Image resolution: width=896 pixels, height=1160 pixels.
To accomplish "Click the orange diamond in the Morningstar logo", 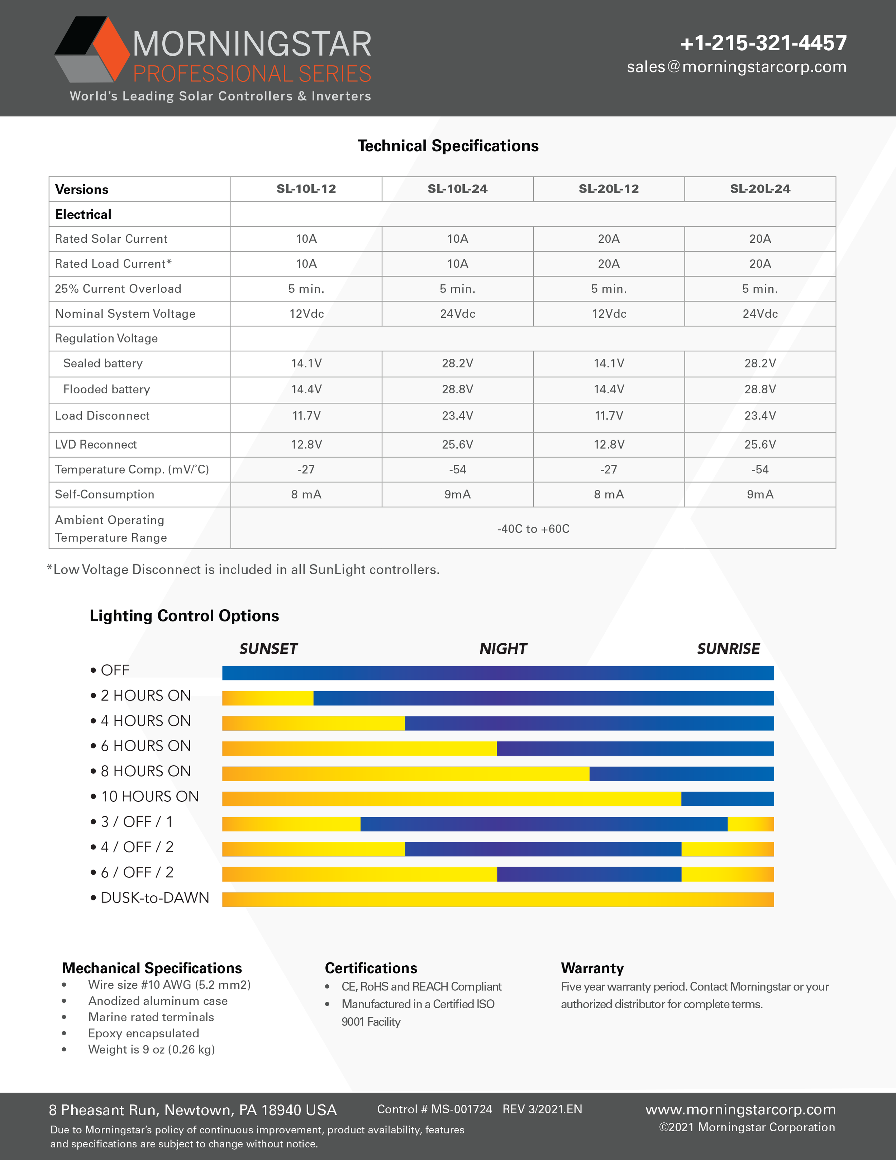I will pos(110,51).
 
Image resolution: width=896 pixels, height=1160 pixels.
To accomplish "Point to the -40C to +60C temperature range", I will pos(533,529).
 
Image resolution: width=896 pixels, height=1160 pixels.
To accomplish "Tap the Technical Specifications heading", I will pos(448,146).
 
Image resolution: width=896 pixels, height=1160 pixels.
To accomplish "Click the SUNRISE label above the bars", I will pos(728,649).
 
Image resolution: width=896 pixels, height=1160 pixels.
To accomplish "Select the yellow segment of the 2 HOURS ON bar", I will pos(267,698).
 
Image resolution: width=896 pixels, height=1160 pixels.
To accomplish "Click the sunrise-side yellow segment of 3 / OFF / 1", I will pos(750,824).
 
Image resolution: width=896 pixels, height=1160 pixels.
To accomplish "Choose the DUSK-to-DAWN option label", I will pos(154,898).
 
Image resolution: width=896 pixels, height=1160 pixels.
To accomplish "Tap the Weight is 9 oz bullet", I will pos(151,1050).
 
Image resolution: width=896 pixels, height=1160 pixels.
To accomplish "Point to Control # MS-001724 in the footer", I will pos(434,1109).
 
